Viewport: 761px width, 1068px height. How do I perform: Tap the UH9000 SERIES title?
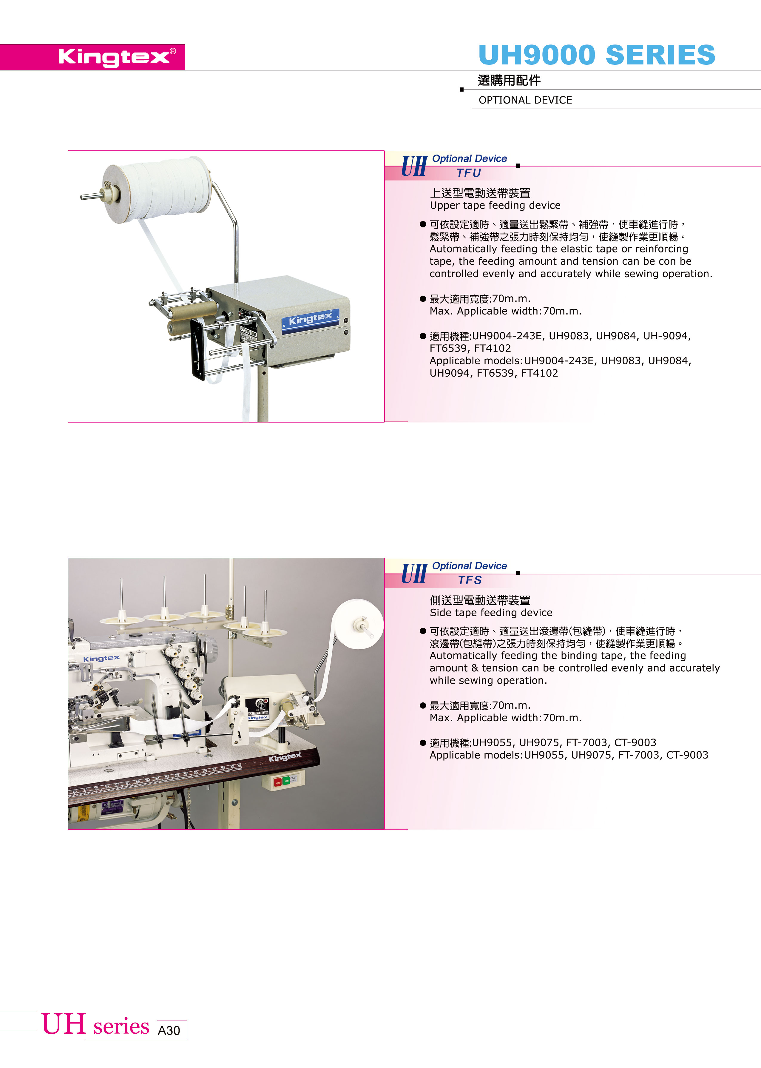point(597,55)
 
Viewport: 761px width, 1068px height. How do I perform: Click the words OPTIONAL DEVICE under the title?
point(525,100)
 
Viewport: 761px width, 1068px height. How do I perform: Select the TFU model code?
point(469,173)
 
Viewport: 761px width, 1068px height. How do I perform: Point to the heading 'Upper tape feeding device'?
point(495,205)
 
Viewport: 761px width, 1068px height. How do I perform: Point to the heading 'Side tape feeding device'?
point(491,613)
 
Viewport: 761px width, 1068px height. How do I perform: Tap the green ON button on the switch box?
point(287,781)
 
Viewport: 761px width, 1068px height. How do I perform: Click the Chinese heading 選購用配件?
point(509,81)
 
